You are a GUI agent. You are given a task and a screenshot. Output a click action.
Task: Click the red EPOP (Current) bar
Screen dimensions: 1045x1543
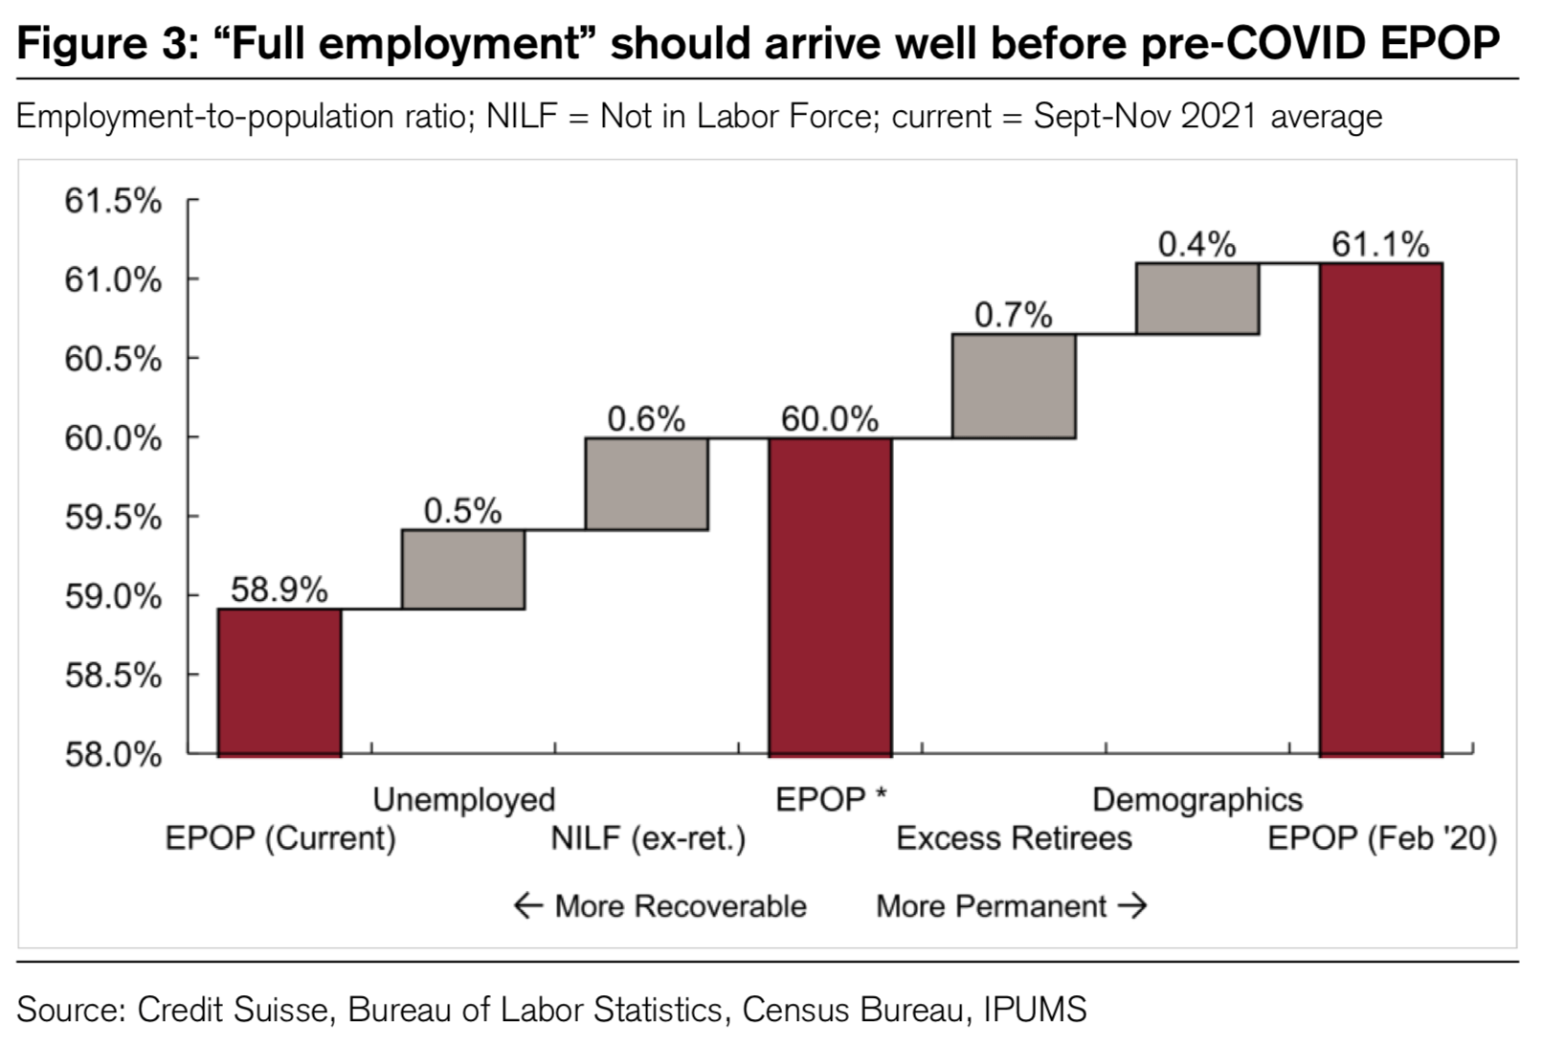click(280, 681)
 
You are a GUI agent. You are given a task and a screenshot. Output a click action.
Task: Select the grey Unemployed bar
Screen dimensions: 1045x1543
click(463, 569)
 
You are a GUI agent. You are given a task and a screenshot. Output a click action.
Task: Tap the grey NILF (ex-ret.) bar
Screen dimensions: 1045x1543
click(647, 483)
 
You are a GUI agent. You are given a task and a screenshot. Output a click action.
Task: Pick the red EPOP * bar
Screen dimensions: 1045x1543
click(830, 596)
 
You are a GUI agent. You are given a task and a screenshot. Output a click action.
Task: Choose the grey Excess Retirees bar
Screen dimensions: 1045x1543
click(1014, 386)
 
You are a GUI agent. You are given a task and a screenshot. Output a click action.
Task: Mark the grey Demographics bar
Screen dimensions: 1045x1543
click(1197, 299)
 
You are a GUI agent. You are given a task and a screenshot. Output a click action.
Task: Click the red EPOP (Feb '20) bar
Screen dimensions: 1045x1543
click(1381, 509)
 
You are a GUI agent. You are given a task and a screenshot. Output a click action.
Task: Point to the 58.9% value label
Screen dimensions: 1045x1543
click(280, 589)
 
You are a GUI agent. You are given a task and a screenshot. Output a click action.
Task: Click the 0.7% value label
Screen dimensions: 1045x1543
click(1014, 315)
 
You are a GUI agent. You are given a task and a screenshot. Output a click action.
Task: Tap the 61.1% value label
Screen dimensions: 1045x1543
click(1380, 245)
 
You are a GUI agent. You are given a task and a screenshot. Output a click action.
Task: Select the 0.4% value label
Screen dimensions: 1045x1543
click(1196, 245)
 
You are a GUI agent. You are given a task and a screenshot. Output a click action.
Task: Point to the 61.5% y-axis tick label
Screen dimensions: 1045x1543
click(113, 201)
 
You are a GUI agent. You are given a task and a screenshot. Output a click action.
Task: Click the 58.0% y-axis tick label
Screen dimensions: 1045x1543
click(113, 755)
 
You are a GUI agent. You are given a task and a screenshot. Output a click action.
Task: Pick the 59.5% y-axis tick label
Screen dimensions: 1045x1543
click(113, 518)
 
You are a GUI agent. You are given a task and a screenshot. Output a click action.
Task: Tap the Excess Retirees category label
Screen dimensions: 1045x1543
click(1014, 838)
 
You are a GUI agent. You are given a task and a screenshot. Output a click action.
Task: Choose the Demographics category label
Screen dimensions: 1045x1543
click(1197, 800)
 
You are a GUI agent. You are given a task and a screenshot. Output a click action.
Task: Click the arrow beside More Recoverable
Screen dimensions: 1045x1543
click(528, 905)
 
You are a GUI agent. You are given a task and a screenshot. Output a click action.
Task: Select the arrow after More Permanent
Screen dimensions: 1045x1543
click(1132, 905)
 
